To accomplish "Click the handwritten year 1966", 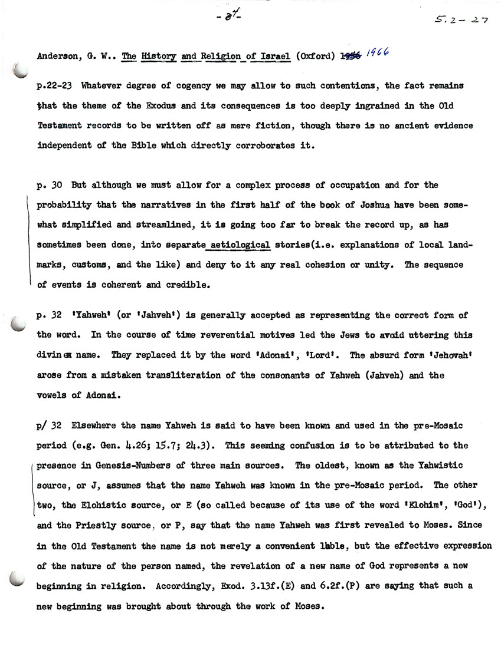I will (x=381, y=54).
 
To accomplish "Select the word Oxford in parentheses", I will (x=316, y=57).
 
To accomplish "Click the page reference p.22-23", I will (x=55, y=85).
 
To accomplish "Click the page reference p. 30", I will (x=50, y=185).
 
